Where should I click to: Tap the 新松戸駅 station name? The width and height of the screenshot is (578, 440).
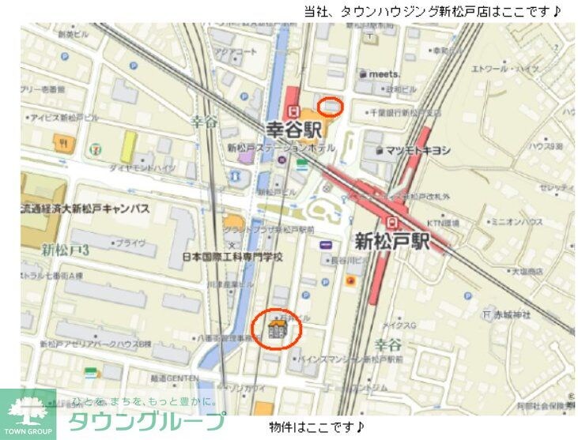[392, 241]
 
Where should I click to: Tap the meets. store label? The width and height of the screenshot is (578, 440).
[382, 73]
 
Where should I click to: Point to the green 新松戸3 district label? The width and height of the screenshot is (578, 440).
[66, 250]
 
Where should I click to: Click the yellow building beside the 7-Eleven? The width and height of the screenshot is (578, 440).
[127, 148]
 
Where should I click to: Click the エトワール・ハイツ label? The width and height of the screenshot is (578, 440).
[506, 70]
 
